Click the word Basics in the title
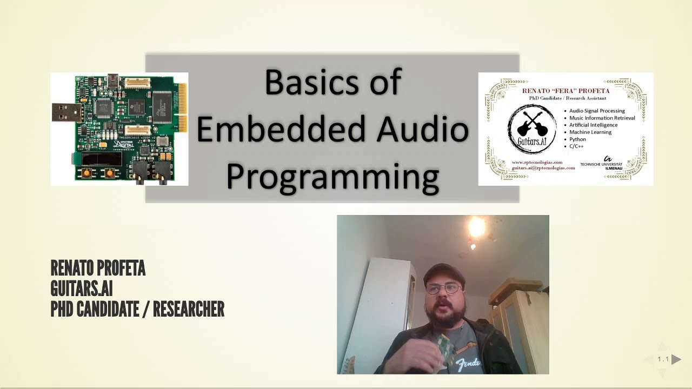tap(297, 83)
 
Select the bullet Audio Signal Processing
tap(597, 111)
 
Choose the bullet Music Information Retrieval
tap(602, 118)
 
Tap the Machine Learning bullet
tap(590, 132)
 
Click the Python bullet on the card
tap(577, 139)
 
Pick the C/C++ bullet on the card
tap(576, 146)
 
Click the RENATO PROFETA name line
tap(98, 268)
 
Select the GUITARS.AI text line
tap(81, 289)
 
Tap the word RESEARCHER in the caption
tap(188, 310)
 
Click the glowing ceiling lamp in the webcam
tap(477, 227)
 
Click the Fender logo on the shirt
tap(468, 364)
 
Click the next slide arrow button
tap(676, 359)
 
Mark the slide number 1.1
tap(663, 359)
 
